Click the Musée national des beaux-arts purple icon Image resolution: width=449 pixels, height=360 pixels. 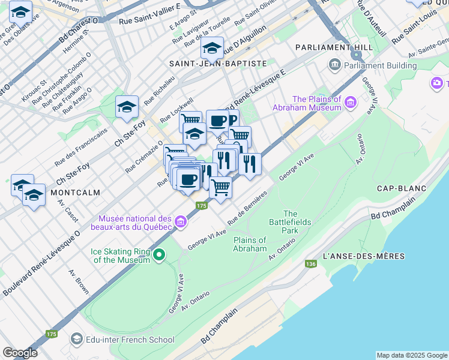pyautogui.click(x=181, y=224)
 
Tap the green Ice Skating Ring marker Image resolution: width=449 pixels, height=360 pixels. pyautogui.click(x=159, y=256)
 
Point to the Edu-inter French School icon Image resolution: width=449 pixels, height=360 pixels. pyautogui.click(x=76, y=339)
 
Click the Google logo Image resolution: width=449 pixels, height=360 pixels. pyautogui.click(x=20, y=353)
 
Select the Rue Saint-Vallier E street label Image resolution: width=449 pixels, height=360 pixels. pyautogui.click(x=149, y=21)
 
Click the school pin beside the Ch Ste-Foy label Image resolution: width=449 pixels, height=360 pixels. pyautogui.click(x=127, y=107)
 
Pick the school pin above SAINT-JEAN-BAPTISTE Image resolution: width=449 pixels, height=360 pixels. pyautogui.click(x=212, y=47)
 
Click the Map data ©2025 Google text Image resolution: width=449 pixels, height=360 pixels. pyautogui.click(x=412, y=355)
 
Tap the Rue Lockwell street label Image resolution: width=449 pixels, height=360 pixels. pyautogui.click(x=176, y=109)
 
